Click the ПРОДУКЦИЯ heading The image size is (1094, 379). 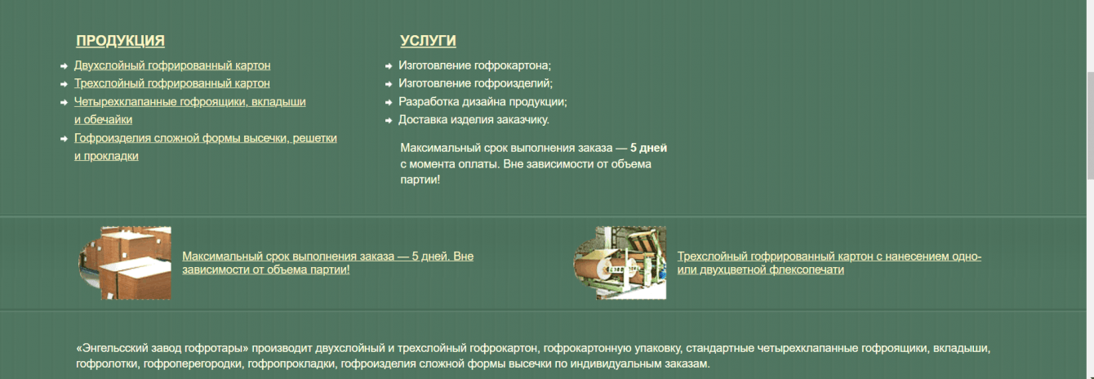pyautogui.click(x=120, y=41)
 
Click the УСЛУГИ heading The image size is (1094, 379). pyautogui.click(x=428, y=41)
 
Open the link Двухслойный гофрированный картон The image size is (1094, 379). pyautogui.click(x=172, y=65)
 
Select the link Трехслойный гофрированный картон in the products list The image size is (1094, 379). pyautogui.click(x=172, y=83)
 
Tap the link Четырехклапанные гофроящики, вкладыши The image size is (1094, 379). pyautogui.click(x=190, y=101)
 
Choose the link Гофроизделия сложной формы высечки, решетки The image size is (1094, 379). pyautogui.click(x=206, y=138)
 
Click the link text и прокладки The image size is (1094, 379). pyautogui.click(x=106, y=156)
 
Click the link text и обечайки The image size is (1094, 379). pyautogui.click(x=103, y=119)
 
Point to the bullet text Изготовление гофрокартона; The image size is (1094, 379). pyautogui.click(x=474, y=65)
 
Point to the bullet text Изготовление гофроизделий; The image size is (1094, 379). pyautogui.click(x=476, y=83)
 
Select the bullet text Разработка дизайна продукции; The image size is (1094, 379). pyautogui.click(x=483, y=101)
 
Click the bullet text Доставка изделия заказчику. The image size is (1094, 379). pyautogui.click(x=474, y=119)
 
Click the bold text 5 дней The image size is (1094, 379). pyautogui.click(x=648, y=148)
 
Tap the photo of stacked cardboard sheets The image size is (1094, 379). pyautogui.click(x=125, y=263)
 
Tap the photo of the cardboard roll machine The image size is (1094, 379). pyautogui.click(x=620, y=263)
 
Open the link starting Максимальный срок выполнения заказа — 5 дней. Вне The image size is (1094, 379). pyautogui.click(x=327, y=263)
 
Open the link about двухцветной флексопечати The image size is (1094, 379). pyautogui.click(x=829, y=263)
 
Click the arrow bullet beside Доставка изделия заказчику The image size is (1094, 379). pyautogui.click(x=389, y=121)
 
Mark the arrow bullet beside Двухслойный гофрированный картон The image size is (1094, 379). pyautogui.click(x=64, y=66)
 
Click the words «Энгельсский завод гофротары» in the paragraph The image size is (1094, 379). pyautogui.click(x=162, y=348)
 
